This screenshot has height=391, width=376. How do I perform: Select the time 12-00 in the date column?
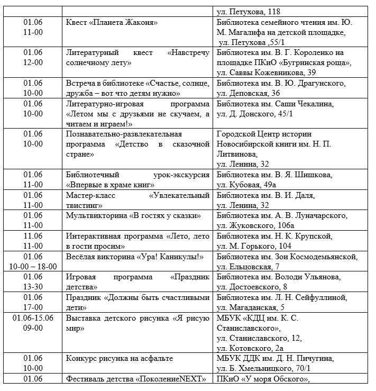click(x=33, y=62)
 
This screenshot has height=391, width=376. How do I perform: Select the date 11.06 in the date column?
click(x=33, y=236)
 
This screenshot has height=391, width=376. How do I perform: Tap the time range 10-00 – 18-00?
click(x=33, y=266)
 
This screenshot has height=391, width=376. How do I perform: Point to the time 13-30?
click(x=33, y=287)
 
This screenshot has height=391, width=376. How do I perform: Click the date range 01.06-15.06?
click(x=33, y=318)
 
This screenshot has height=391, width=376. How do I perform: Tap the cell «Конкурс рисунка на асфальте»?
click(x=119, y=358)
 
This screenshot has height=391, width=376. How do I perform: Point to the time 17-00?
click(x=33, y=307)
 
